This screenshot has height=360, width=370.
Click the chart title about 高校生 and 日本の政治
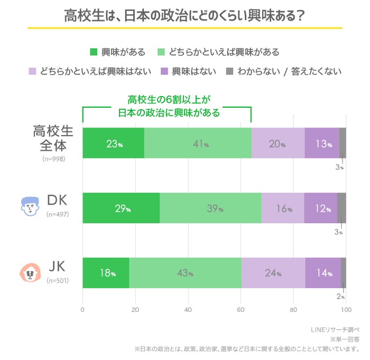184,15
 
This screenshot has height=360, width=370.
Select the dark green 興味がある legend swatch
94,52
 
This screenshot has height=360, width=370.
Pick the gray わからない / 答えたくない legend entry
283,71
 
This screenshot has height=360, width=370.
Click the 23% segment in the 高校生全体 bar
113,143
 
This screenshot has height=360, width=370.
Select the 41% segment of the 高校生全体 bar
198,143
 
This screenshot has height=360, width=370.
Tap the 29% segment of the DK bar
121,208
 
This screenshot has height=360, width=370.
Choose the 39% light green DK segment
210,208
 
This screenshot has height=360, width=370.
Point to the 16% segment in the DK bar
283,208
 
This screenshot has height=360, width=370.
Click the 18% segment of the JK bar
106,273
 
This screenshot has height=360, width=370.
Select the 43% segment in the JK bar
185,273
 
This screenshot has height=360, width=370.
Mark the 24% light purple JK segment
273,273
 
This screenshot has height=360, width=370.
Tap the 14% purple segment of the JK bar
322,273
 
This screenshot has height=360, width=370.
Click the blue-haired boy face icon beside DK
30,205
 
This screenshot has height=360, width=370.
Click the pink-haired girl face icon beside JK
30,272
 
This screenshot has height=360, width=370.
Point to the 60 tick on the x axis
240,310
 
